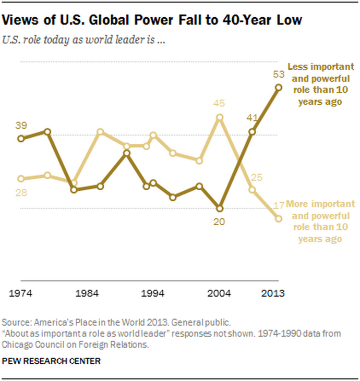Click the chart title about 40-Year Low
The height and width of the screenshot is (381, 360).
pyautogui.click(x=153, y=20)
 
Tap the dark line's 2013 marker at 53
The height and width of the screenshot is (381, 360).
pyautogui.click(x=279, y=88)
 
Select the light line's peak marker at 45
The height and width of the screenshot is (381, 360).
pyautogui.click(x=220, y=117)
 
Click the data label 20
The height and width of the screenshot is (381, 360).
pyautogui.click(x=219, y=221)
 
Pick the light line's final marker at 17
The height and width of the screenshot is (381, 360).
pyautogui.click(x=279, y=219)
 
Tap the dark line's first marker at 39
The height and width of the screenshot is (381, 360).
pyautogui.click(x=21, y=138)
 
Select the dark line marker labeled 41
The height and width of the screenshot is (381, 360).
pyautogui.click(x=252, y=132)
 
